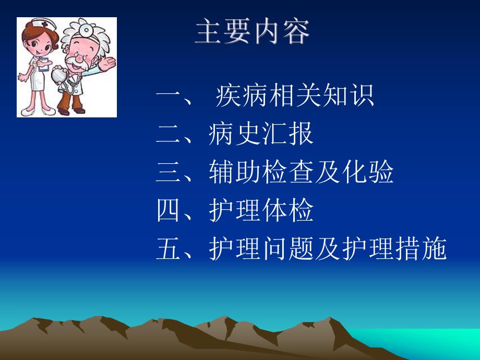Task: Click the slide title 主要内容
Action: [x=253, y=32]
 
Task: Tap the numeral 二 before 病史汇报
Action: [x=168, y=135]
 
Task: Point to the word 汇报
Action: [x=288, y=135]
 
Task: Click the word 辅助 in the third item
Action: [x=235, y=173]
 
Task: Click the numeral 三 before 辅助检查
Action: [x=168, y=173]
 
